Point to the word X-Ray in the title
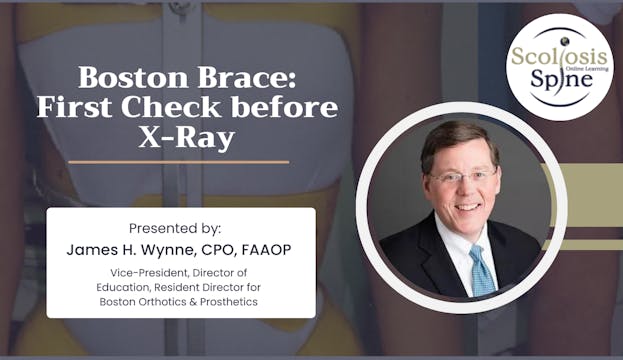[187, 137]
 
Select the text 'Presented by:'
[180, 227]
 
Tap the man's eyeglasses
[464, 177]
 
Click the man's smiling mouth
[466, 208]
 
